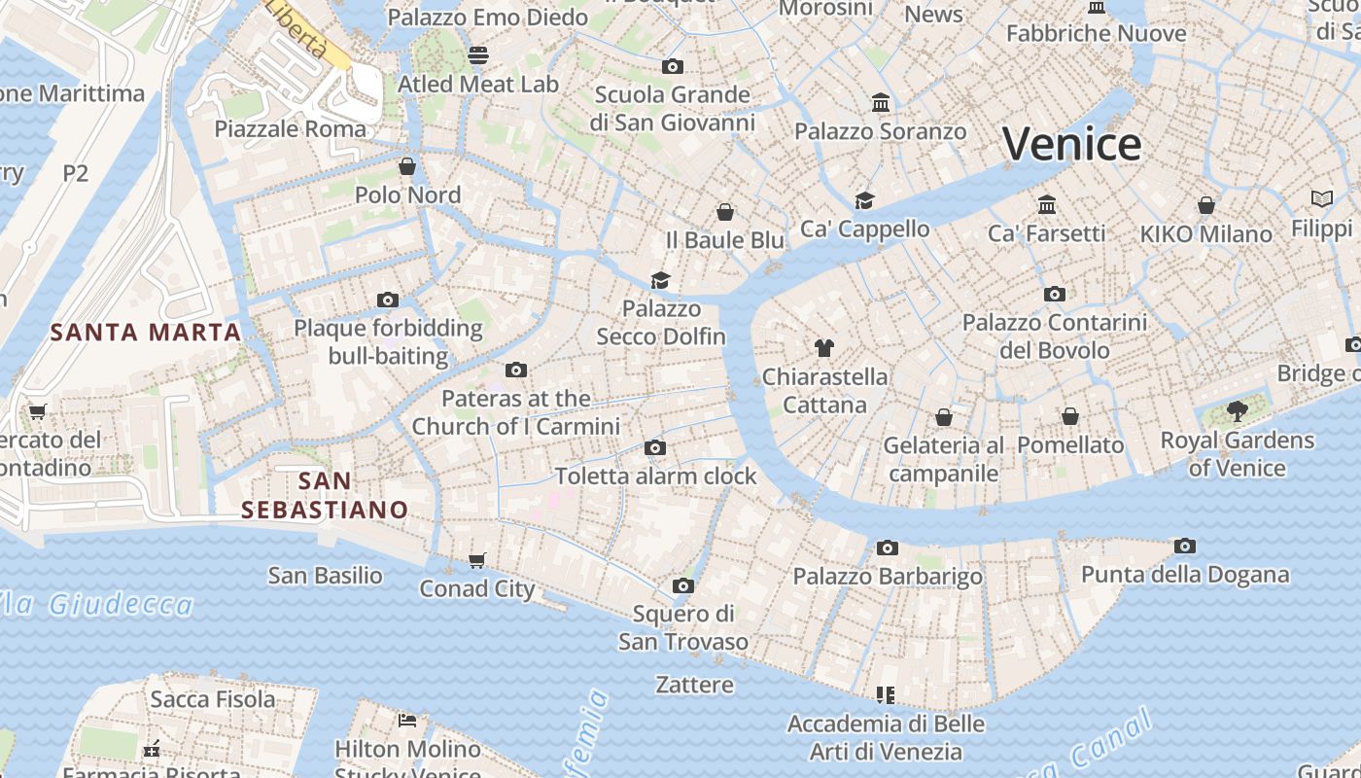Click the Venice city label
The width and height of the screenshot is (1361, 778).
coord(1071,144)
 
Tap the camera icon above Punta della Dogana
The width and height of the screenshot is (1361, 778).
coord(1184,547)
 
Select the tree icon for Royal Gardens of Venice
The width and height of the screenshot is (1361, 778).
coord(1237,411)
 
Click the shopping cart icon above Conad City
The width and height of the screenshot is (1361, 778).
coord(476,560)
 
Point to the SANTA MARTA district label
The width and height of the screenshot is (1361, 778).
coord(146,333)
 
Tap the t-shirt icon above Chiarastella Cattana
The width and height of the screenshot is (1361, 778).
coord(824,348)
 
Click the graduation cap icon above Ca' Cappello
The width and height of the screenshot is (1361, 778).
coord(864,200)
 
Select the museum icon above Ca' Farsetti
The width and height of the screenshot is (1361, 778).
coord(1047,205)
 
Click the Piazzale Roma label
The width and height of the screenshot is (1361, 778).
coord(291,129)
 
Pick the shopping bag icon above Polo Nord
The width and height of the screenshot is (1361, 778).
coord(407,166)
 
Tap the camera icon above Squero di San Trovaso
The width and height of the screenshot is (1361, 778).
coord(683,585)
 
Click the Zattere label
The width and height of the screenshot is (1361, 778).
coord(694,685)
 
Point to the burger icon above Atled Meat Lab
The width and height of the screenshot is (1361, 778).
coord(477,55)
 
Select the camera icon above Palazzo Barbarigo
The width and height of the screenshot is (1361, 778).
coord(887,548)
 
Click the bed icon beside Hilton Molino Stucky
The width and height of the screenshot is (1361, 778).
coord(407,721)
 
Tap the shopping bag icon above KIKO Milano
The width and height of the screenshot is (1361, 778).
coord(1205,205)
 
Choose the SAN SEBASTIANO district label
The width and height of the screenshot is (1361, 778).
coord(325,495)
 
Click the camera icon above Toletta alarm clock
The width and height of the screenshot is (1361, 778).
coord(655,448)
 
